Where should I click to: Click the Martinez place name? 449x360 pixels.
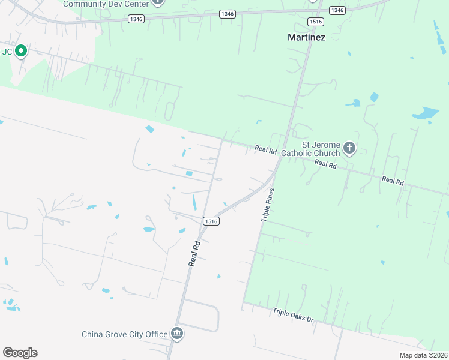click(306, 37)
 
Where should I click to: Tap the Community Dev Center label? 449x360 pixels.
click(106, 4)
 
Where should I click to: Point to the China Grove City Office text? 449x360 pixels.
click(125, 334)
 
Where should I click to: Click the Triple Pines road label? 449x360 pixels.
click(268, 205)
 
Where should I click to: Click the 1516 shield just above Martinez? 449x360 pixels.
click(316, 22)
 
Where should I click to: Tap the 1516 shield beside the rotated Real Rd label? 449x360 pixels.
click(210, 221)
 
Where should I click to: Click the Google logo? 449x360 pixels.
click(20, 352)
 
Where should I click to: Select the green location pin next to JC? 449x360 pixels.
click(21, 51)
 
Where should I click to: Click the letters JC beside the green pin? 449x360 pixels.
click(7, 52)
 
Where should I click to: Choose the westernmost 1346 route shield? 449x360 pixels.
click(136, 19)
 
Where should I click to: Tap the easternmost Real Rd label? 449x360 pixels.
click(393, 180)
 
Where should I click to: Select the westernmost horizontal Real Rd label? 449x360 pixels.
click(265, 149)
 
